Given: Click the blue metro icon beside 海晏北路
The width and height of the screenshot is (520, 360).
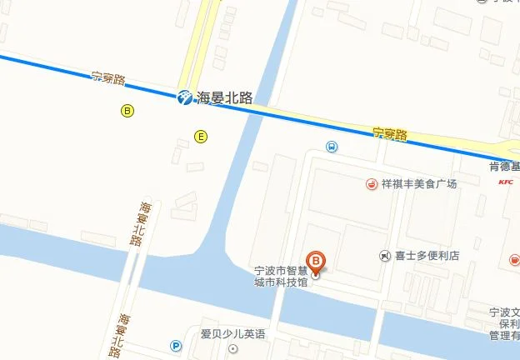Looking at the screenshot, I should (183, 97).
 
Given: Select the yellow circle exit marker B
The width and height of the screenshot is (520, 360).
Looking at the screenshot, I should (127, 110).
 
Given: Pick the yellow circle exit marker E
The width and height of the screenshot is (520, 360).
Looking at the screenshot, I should (200, 136).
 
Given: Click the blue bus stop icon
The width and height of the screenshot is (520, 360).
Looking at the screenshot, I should (332, 147).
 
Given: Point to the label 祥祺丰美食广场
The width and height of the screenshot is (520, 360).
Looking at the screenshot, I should (420, 184).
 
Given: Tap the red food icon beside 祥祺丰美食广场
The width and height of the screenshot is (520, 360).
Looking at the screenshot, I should (370, 184).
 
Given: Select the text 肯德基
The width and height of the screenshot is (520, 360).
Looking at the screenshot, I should (504, 167).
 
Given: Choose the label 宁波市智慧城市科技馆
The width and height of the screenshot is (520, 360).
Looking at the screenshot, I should (281, 277).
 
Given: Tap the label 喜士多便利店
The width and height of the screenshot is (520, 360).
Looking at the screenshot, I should (427, 256).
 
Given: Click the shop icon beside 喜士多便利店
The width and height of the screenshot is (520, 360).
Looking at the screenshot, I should (384, 256).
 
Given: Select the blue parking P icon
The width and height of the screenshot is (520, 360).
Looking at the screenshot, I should (175, 347).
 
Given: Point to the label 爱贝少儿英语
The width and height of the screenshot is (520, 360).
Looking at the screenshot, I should (232, 334).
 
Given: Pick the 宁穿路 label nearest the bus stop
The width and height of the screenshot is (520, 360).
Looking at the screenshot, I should (389, 133).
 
